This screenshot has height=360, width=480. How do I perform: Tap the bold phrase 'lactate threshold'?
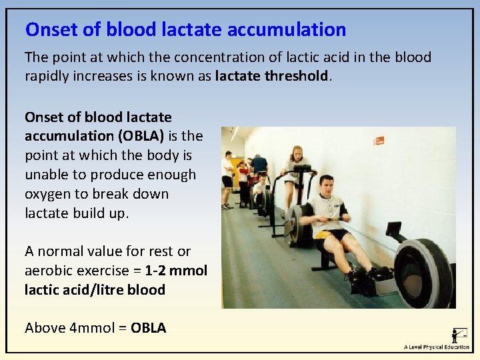click(x=272, y=76)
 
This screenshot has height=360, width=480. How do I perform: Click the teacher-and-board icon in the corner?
click(x=459, y=335)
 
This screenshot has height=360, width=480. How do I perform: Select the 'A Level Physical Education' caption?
click(x=436, y=347)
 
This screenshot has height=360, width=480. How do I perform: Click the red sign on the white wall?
click(x=379, y=140)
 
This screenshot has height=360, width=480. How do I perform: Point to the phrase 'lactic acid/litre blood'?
click(x=95, y=290)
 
